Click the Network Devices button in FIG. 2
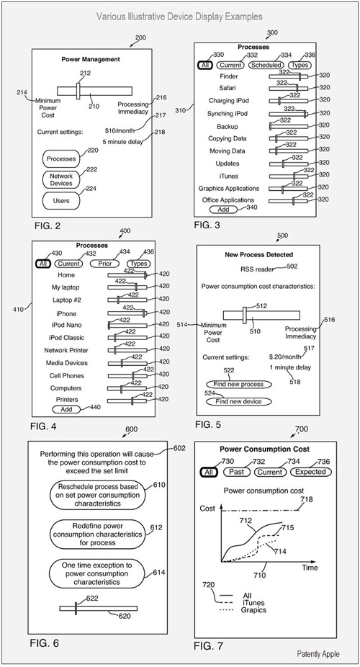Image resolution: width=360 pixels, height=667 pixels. (61, 179)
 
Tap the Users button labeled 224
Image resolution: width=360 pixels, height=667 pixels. (61, 200)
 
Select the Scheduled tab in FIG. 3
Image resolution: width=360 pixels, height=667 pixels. (266, 65)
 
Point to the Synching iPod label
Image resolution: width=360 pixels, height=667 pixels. (227, 114)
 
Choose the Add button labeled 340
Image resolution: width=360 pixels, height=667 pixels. (224, 210)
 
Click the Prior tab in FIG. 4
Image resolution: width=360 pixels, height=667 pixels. (104, 264)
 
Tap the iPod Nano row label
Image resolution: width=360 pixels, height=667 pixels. (66, 325)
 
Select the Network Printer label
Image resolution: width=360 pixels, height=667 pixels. (66, 350)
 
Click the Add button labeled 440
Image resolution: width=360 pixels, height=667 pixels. (66, 409)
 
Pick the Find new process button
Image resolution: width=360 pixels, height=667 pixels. (238, 384)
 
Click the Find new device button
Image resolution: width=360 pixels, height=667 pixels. (238, 401)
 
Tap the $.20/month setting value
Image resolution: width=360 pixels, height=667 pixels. (285, 357)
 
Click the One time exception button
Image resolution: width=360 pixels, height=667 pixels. (97, 573)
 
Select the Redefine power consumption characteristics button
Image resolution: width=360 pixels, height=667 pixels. (97, 534)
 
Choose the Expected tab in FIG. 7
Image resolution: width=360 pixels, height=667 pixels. (311, 472)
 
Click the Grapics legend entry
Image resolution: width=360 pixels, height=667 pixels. (253, 610)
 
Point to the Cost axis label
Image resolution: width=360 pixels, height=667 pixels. (207, 509)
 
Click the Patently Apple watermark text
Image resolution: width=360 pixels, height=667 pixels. (318, 654)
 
